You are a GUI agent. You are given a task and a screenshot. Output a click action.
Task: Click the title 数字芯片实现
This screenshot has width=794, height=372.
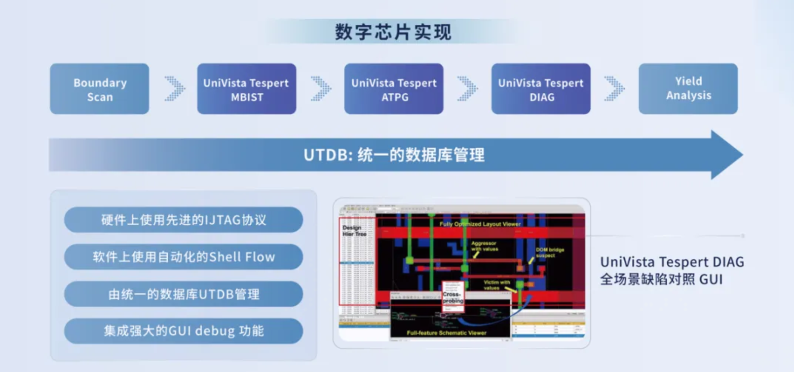393,32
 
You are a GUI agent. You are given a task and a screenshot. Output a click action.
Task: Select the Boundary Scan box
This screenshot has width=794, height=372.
99,89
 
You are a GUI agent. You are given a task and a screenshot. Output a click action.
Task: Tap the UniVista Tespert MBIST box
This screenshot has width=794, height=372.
246,89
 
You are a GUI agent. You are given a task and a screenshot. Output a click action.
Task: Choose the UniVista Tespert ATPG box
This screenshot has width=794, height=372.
393,89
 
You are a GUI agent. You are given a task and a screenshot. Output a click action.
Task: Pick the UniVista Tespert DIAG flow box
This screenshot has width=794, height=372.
540,89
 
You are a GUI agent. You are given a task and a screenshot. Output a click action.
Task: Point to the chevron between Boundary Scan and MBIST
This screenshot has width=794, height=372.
174,89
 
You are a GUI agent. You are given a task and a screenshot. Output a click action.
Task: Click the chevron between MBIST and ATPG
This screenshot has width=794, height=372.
321,89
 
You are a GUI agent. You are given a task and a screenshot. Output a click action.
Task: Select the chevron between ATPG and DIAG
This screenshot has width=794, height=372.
467,89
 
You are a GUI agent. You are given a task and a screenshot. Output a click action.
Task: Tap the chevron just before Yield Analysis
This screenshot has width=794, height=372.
614,89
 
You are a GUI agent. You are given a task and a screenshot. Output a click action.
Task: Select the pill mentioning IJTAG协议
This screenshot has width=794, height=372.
183,220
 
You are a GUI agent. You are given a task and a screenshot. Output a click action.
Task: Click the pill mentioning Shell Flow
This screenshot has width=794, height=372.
183,257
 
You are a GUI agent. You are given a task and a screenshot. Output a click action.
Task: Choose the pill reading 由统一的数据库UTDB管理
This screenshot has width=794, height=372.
183,294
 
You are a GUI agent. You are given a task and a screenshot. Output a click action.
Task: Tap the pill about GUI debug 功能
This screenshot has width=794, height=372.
183,331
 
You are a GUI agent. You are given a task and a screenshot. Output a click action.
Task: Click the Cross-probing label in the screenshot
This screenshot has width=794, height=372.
453,297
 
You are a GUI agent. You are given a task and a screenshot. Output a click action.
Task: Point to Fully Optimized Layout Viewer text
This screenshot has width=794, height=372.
480,224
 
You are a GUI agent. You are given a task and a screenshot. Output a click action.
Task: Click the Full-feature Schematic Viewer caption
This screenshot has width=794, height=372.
446,332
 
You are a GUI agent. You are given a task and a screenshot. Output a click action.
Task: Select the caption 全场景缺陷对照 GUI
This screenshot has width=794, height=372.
661,280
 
